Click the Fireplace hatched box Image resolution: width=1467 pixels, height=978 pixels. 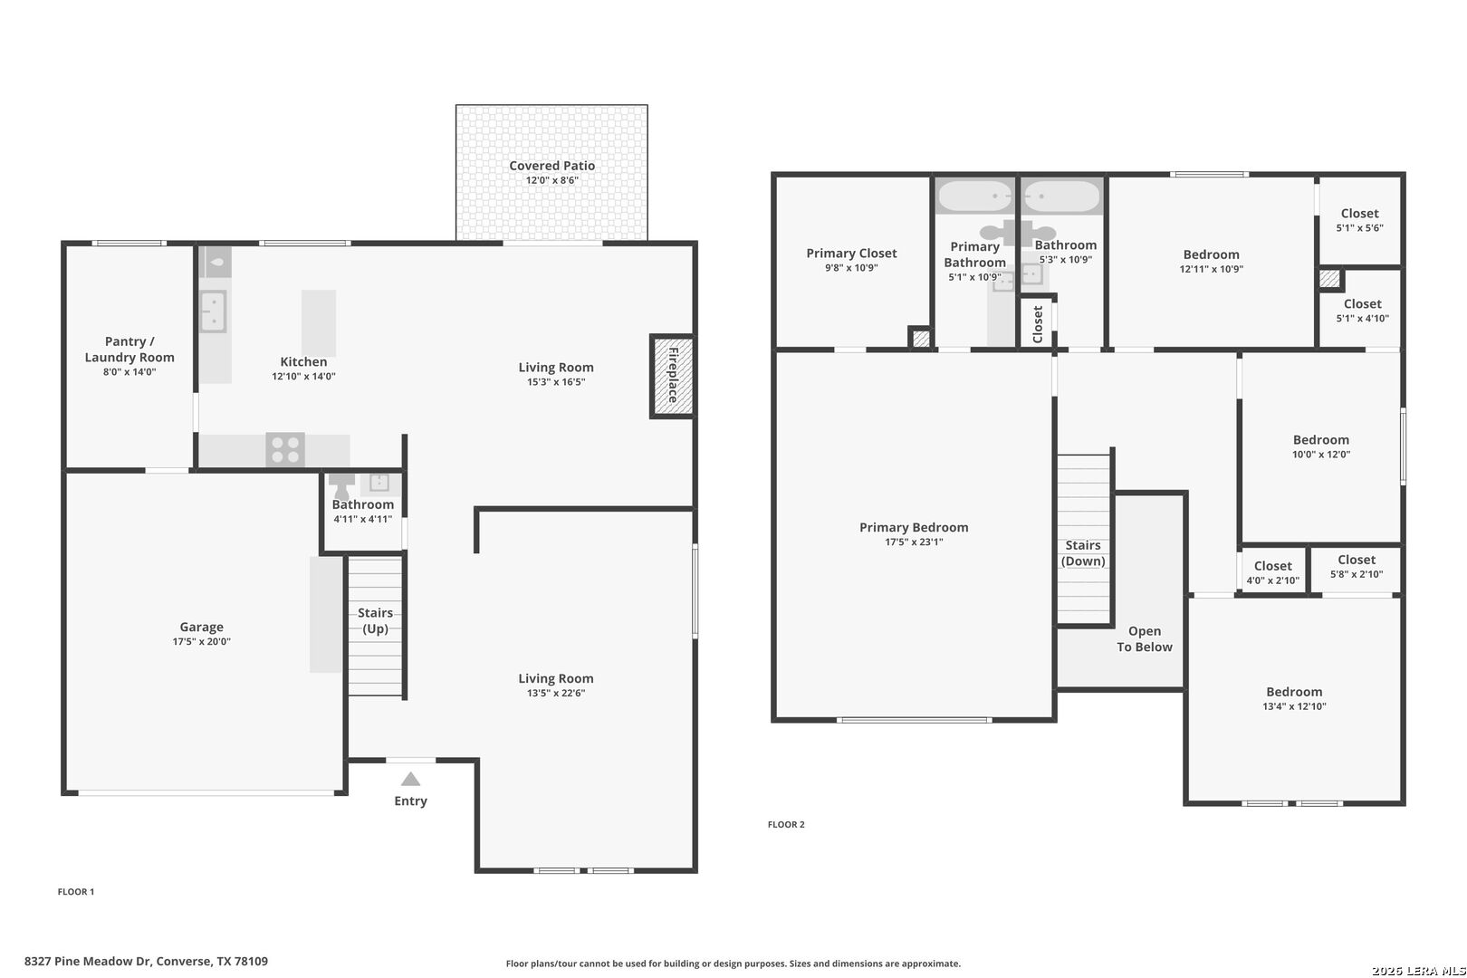pos(673,376)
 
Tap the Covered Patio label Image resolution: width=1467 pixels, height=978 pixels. pos(552,166)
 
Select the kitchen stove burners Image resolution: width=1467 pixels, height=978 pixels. pos(285,449)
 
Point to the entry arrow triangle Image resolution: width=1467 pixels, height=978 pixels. pos(410,779)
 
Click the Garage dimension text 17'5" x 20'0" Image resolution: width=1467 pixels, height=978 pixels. pos(202,641)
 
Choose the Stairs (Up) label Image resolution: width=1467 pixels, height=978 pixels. pos(375,620)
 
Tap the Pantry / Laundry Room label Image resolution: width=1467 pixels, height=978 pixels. pos(129,350)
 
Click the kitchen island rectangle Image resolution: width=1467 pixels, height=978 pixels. pos(319,323)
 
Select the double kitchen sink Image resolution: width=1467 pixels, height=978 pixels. pos(213,312)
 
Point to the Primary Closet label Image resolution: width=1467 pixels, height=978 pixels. pos(851,253)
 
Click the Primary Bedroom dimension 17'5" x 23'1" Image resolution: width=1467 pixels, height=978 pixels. pos(914,542)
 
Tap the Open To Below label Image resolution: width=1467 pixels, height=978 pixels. pos(1145,638)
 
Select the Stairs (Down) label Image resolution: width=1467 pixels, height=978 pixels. pos(1083,553)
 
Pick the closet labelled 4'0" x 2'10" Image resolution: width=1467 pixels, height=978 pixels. pos(1272,572)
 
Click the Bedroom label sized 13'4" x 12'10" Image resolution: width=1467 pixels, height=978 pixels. pos(1294,692)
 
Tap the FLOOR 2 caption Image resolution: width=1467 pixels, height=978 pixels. pos(786,824)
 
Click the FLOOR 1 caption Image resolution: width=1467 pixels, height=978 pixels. pos(76,892)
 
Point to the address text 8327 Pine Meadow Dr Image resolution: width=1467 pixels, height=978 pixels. pos(88,961)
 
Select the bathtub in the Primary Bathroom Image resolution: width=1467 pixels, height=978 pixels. pos(975,196)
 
